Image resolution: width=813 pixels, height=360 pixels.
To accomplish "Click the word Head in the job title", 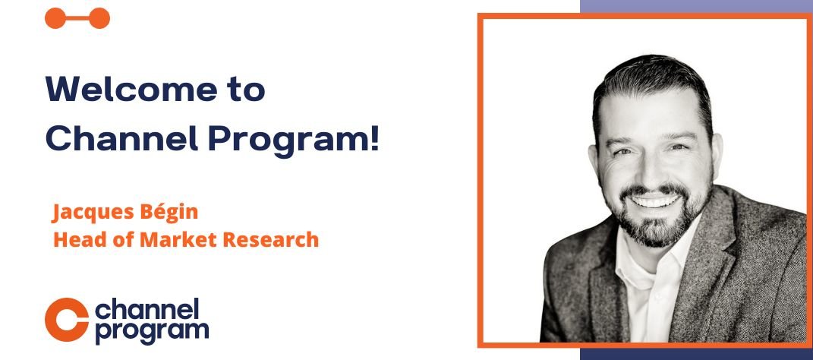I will coord(74,240).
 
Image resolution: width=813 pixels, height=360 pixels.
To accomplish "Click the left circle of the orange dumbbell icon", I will coord(55,18).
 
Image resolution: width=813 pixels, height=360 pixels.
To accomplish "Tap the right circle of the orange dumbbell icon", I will coord(99,18).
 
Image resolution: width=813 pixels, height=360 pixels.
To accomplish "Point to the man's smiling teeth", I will coord(654,201).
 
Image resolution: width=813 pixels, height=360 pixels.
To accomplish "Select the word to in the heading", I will coord(245,90).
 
